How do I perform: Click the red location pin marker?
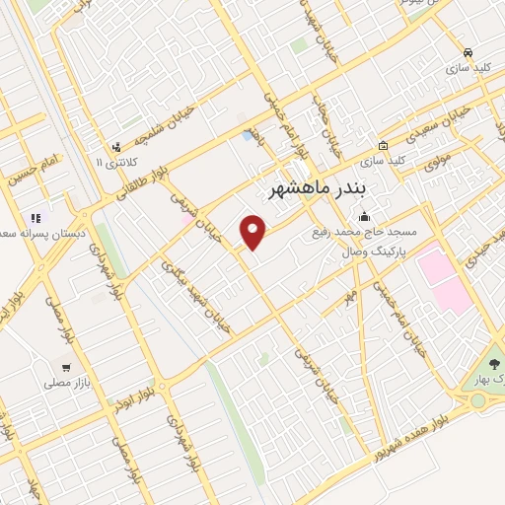pos(253,231)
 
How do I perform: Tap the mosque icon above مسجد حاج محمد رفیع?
pos(364,217)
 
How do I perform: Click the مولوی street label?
pos(438,161)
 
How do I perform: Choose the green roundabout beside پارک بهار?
pos(479,399)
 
